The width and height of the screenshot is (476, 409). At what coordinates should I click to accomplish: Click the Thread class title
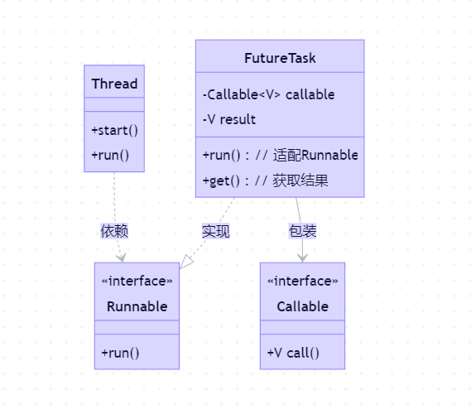114,84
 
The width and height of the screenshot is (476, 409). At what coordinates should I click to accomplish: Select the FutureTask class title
280,59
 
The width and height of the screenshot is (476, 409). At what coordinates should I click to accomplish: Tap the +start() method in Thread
114,130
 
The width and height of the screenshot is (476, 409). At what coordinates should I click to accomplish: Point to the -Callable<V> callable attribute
268,94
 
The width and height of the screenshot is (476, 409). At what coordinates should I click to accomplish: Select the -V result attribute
229,119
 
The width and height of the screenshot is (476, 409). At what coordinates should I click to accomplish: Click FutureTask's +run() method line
280,155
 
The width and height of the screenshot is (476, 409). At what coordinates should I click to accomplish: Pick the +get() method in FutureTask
265,180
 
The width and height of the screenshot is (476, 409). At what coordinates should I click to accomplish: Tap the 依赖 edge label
114,231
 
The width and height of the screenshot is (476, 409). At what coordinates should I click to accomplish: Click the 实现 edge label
215,231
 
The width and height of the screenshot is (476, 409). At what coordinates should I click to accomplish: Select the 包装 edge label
302,231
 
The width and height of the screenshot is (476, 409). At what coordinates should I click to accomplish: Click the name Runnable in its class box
137,306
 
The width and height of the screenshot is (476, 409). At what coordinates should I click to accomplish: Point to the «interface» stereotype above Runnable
137,281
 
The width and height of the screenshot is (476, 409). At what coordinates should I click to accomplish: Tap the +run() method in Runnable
120,353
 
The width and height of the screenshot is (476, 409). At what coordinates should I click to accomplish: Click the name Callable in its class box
302,306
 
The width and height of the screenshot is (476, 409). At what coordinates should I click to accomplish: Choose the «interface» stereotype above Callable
302,281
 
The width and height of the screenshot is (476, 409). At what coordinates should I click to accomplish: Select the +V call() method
293,353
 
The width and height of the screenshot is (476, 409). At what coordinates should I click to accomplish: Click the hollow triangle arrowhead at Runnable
186,262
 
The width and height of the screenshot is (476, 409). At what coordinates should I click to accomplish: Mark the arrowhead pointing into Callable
303,257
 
